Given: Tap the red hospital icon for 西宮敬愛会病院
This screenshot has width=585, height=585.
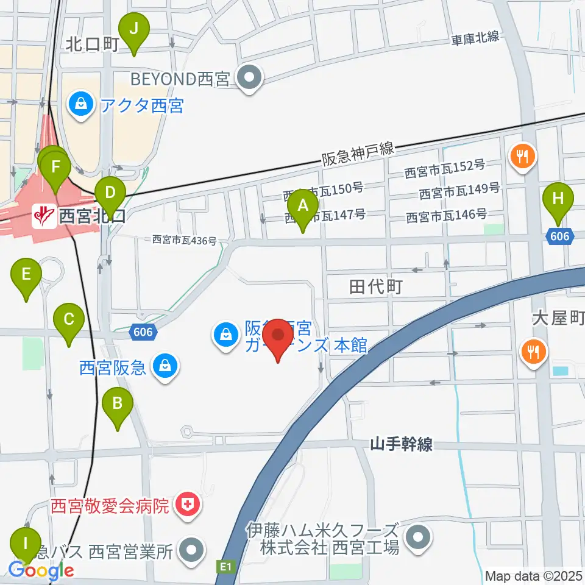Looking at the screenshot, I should click(x=186, y=505).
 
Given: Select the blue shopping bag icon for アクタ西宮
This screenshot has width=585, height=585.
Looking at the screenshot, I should click(x=80, y=105).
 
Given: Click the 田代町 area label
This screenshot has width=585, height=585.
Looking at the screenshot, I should click(x=375, y=286).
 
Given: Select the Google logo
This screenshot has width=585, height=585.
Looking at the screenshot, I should click(x=41, y=570).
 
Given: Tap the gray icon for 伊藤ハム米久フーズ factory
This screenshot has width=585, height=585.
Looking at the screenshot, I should click(x=418, y=537).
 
